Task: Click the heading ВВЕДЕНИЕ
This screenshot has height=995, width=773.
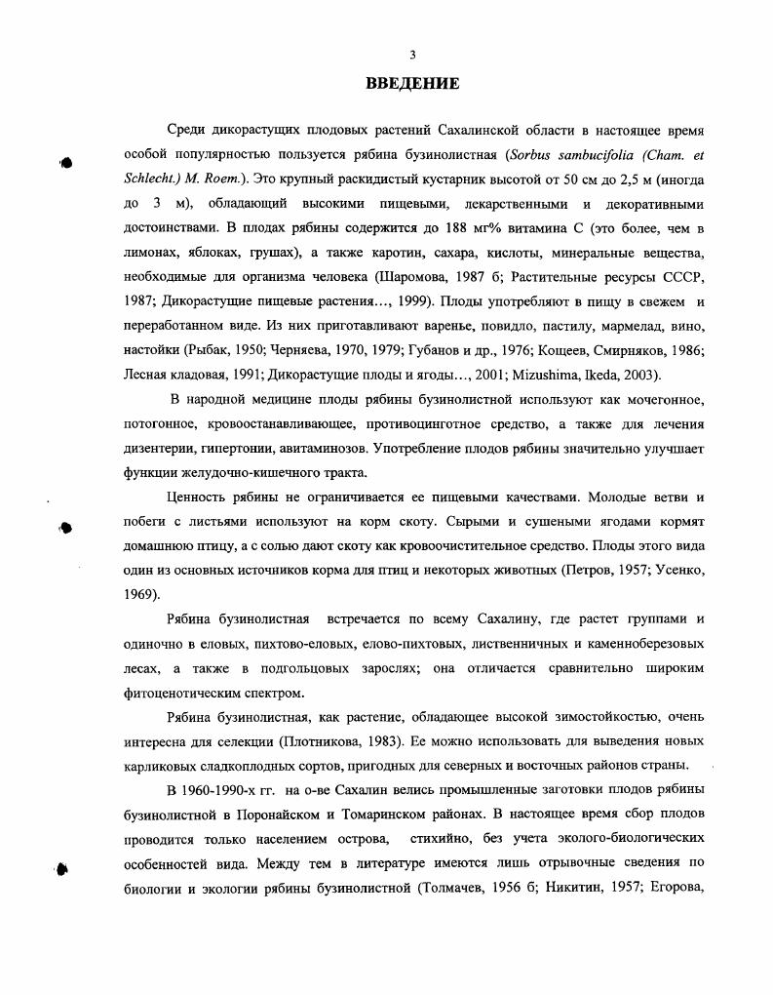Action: (x=412, y=83)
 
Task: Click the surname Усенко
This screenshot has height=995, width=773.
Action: (x=677, y=569)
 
